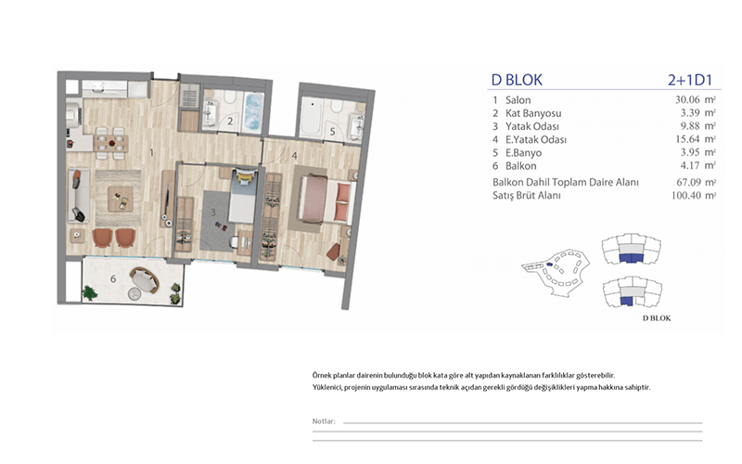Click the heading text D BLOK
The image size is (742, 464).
click(x=517, y=80)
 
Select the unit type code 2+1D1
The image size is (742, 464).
click(x=690, y=80)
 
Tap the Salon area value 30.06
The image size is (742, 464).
click(x=687, y=100)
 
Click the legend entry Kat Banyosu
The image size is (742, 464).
click(x=533, y=113)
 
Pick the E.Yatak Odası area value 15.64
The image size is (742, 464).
click(x=687, y=139)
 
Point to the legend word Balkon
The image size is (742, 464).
click(x=521, y=166)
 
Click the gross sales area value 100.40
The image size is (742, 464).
click(x=685, y=195)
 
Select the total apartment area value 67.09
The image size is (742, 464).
click(x=688, y=182)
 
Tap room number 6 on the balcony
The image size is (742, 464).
click(x=113, y=279)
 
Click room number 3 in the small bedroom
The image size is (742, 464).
click(x=213, y=213)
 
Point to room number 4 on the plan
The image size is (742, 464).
click(x=294, y=155)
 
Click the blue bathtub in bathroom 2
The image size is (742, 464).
click(x=252, y=111)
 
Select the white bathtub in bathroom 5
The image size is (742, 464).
click(x=312, y=117)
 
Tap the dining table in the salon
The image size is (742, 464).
click(x=111, y=143)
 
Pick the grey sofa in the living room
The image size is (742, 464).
click(x=79, y=195)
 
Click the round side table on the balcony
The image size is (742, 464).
click(x=134, y=294)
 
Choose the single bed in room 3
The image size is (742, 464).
click(x=243, y=196)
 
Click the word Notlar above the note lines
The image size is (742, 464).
click(x=324, y=421)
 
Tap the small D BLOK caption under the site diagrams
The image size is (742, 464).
click(x=657, y=318)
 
